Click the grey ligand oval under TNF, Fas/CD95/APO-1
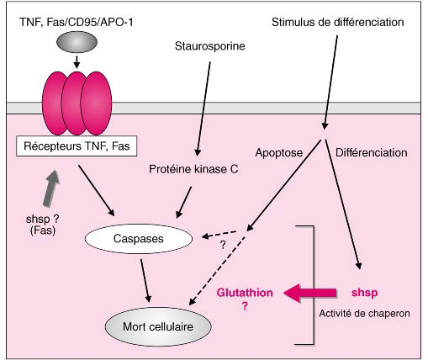coord(77,42)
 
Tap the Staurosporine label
coord(210,46)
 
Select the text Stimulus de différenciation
coord(338,22)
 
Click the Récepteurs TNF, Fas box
coord(77,146)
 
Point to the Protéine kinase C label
coord(193,169)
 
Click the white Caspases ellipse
coord(139,239)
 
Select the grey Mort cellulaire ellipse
coord(158,326)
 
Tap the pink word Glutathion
coord(245,293)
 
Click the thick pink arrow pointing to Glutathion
coord(309,293)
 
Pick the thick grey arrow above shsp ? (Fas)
coord(51,188)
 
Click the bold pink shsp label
coord(364,293)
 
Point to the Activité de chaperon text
coord(364,313)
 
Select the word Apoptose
coord(279,153)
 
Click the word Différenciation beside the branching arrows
coord(372,153)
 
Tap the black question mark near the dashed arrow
coord(223,245)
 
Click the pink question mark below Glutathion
coord(245,305)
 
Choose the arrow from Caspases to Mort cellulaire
coord(145,280)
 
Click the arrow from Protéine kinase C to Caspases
coord(183,202)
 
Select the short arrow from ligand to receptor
coord(77,61)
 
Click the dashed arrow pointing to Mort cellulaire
coord(217,271)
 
